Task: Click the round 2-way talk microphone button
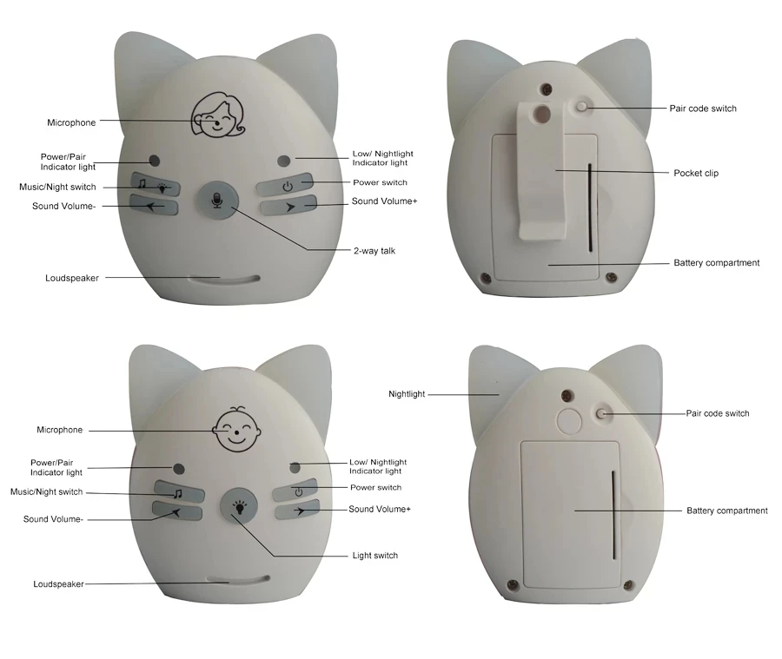tap(216, 201)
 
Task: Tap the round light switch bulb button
tap(239, 508)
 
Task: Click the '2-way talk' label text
tap(374, 251)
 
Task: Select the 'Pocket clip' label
tap(696, 173)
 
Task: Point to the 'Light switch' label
tap(375, 556)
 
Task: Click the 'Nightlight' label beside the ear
tap(407, 394)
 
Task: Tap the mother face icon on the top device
tap(218, 115)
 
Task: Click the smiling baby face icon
tap(236, 429)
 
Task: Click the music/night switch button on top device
tap(156, 185)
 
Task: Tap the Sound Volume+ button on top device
tap(288, 206)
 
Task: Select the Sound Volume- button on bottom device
tap(177, 511)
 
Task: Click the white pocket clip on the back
tap(541, 170)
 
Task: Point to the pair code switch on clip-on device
tap(581, 107)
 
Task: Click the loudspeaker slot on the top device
tap(224, 280)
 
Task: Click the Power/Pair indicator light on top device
tap(154, 161)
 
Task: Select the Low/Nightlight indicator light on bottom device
tap(295, 468)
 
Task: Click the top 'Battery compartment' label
tap(716, 263)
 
